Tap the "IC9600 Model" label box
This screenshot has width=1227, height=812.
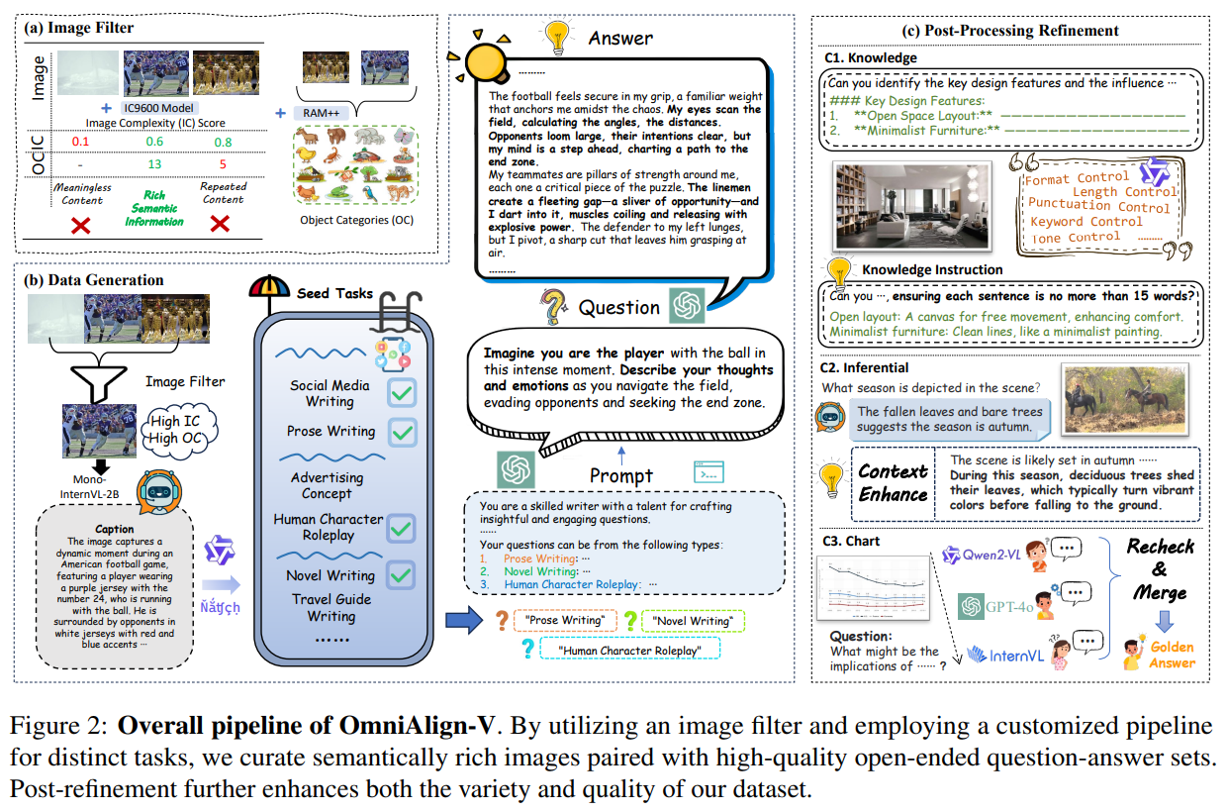click(159, 107)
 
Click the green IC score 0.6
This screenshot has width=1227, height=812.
click(154, 142)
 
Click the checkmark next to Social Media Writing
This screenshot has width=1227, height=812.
click(401, 393)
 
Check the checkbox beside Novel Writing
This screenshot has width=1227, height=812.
click(401, 574)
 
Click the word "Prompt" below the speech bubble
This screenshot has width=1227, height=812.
click(621, 475)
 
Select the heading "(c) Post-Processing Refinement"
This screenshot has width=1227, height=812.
click(1008, 30)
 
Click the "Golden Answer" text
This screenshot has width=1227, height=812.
click(1173, 655)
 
